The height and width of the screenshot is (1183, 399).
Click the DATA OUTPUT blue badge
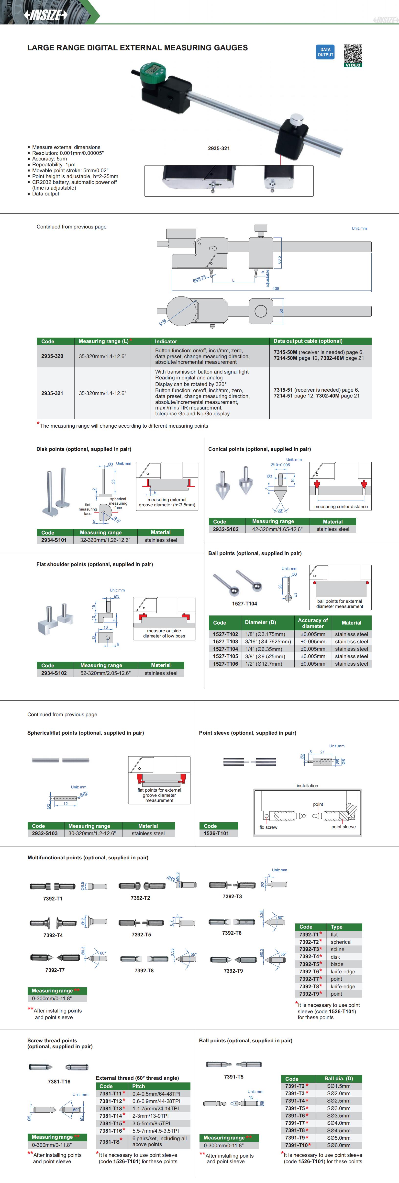(x=325, y=52)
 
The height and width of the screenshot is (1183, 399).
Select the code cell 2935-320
(x=52, y=356)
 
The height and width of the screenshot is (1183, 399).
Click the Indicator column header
(x=166, y=341)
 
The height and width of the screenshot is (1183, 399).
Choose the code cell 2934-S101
(x=54, y=540)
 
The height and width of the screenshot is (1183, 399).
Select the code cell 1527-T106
(x=225, y=664)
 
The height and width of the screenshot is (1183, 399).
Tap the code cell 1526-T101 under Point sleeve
(x=216, y=833)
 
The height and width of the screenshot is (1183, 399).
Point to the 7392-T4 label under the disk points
(x=53, y=935)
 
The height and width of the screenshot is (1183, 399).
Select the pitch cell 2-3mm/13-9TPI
(x=150, y=1115)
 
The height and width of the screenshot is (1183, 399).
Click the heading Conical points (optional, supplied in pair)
(x=259, y=449)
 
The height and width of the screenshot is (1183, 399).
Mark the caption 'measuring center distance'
(x=341, y=507)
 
